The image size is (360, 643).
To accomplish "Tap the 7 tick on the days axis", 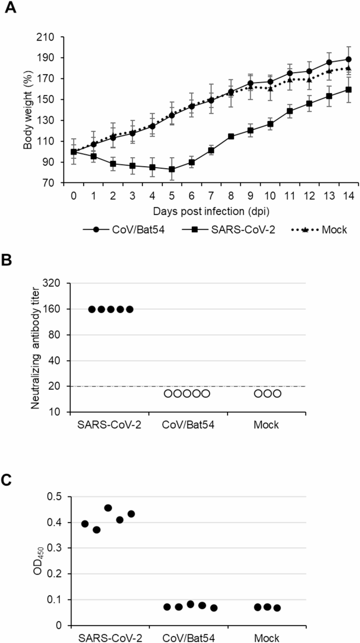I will (x=210, y=195).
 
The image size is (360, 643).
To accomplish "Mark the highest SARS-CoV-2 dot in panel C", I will (x=108, y=508).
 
